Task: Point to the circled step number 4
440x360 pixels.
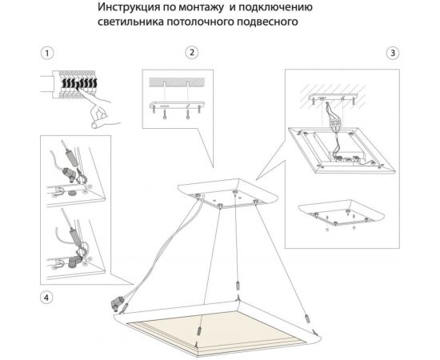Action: coord(47,298)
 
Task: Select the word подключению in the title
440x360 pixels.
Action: coord(267,8)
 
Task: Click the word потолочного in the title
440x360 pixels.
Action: coord(201,22)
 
